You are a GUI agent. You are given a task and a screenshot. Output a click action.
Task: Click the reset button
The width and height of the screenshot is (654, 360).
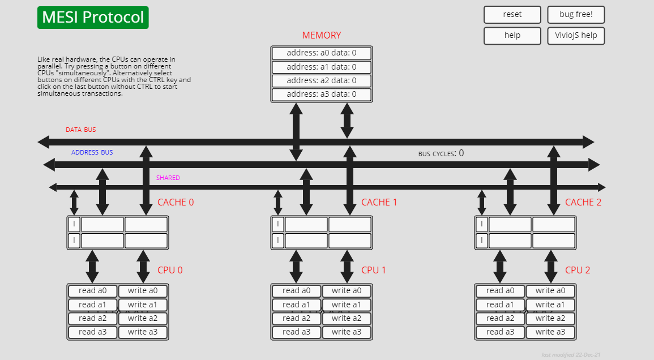pyautogui.click(x=512, y=15)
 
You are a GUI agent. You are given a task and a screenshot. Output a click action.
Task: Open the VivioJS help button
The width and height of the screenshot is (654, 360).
pyautogui.click(x=576, y=36)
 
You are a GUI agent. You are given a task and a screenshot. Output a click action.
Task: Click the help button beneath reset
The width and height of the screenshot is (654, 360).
pyautogui.click(x=512, y=36)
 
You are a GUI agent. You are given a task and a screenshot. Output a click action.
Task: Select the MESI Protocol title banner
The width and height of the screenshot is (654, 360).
pyautogui.click(x=93, y=18)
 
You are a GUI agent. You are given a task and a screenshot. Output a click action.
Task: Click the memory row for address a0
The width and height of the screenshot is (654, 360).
pyautogui.click(x=322, y=53)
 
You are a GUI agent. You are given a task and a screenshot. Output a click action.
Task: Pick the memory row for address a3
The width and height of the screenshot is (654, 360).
pyautogui.click(x=322, y=95)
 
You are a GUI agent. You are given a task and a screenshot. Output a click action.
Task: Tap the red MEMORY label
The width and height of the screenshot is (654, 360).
pyautogui.click(x=322, y=35)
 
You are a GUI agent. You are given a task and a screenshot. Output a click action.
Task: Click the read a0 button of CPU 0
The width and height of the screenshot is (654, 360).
pyautogui.click(x=92, y=291)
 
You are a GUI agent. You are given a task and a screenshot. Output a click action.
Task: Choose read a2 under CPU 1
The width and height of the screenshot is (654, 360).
pyautogui.click(x=296, y=318)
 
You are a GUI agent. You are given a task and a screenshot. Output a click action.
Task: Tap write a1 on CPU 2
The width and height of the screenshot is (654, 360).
pyautogui.click(x=551, y=305)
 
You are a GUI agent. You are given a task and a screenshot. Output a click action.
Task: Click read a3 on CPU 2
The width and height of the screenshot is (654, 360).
pyautogui.click(x=500, y=332)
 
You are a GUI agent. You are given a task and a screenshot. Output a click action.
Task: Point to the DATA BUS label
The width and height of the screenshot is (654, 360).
pyautogui.click(x=81, y=130)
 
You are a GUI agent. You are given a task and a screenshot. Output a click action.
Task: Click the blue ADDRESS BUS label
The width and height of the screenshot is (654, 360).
pyautogui.click(x=92, y=152)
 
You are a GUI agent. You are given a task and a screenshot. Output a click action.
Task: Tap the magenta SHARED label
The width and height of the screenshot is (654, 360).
pyautogui.click(x=168, y=178)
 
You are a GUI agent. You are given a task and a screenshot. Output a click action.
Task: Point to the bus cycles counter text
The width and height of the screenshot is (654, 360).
pyautogui.click(x=441, y=153)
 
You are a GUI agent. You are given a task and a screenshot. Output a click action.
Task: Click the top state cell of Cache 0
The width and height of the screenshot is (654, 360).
pyautogui.click(x=74, y=224)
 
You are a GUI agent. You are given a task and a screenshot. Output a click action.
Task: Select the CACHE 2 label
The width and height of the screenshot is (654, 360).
pyautogui.click(x=583, y=203)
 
